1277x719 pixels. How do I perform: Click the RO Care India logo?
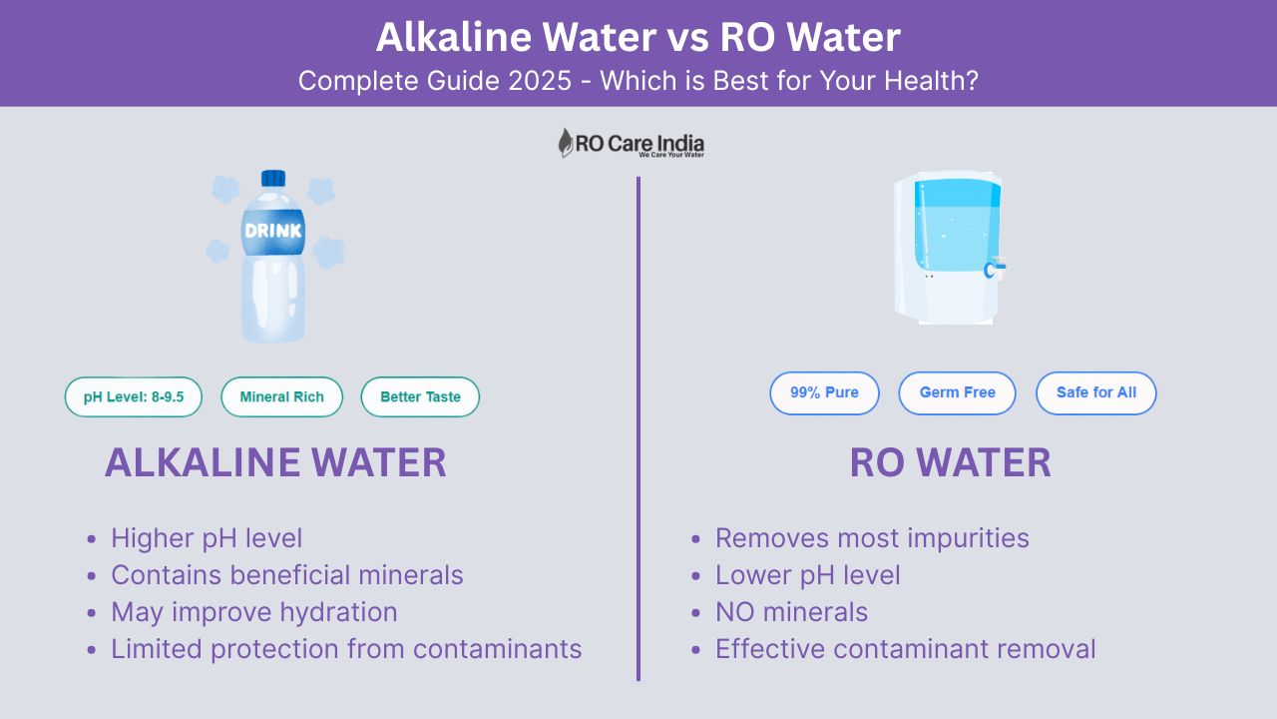632,143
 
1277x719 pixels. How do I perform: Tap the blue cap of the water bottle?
273,178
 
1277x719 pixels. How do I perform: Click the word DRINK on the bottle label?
273,231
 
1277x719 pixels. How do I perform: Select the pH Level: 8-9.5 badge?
134,396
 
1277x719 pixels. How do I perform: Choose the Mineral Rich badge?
281,396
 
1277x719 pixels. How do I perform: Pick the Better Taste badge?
420,396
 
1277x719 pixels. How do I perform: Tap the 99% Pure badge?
824,392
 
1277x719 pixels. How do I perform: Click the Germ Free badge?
957,392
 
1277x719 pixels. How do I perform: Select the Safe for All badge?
1096,392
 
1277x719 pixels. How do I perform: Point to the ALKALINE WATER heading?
275,462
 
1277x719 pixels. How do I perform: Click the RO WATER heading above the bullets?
951,462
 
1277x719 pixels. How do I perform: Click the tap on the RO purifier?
995,269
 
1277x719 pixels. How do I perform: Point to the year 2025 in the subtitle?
540,81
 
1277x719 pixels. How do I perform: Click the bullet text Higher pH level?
207,538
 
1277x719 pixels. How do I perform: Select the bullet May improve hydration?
254,612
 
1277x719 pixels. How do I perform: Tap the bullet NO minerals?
791,612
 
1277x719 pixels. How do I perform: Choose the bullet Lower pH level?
808,575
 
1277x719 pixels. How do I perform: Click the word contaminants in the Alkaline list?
497,649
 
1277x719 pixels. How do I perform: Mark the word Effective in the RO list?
769,649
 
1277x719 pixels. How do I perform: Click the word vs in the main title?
688,38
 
